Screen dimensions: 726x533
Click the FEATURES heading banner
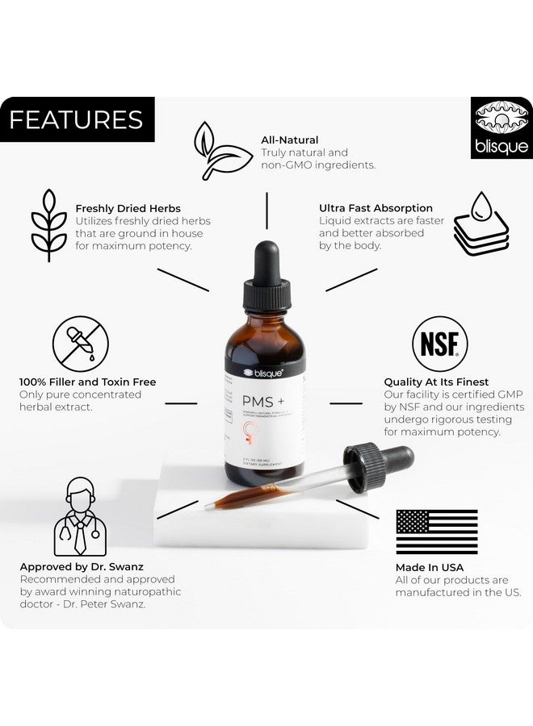point(77,119)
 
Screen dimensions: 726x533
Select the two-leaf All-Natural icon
point(222,151)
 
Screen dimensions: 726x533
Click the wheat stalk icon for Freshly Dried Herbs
point(48,226)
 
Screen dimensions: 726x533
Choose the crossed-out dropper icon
point(81,344)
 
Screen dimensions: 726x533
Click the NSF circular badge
point(440,344)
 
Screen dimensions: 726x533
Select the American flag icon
point(436,532)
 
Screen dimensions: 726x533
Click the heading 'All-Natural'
point(289,140)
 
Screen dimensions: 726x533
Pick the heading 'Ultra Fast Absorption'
point(376,208)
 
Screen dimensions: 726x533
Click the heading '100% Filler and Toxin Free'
point(88,382)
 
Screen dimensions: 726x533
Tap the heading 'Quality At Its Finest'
point(436,382)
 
